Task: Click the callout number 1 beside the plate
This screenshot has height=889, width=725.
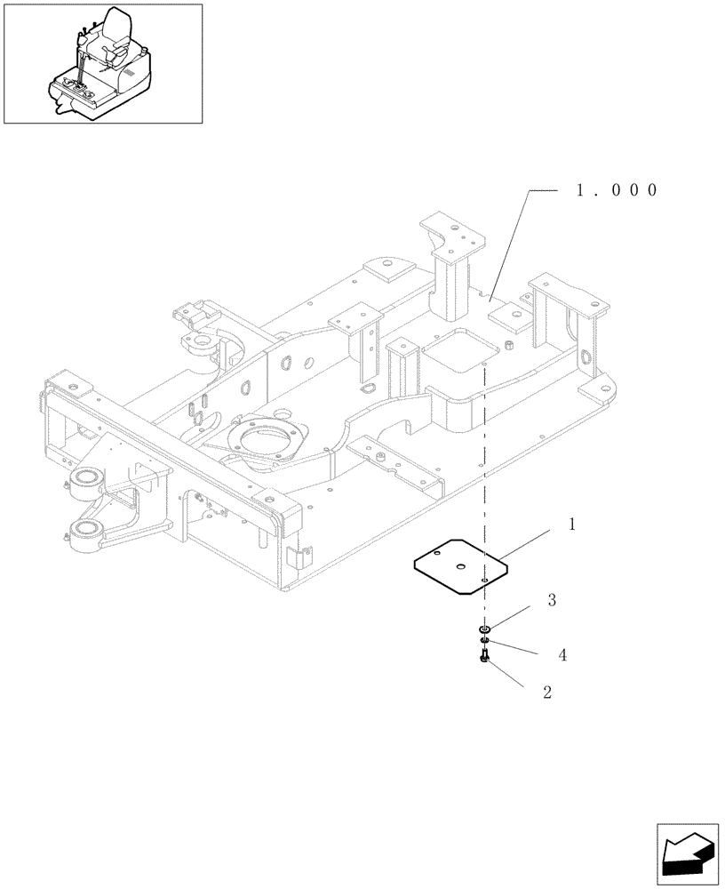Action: tap(572, 525)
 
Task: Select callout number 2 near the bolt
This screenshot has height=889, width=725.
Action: tap(546, 692)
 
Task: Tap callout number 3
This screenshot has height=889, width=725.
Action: tap(552, 601)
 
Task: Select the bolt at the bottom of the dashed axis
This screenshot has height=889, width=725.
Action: tap(483, 658)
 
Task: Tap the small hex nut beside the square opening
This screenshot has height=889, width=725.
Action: tap(510, 343)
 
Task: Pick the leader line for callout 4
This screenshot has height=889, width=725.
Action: tap(516, 648)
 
